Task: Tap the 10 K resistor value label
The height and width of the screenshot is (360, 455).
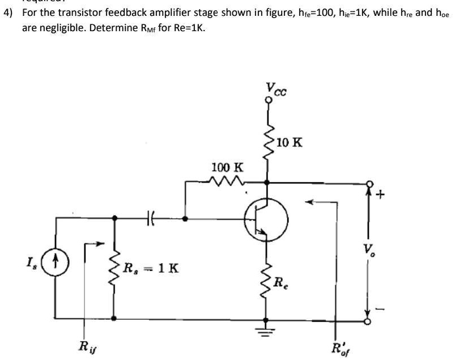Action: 290,142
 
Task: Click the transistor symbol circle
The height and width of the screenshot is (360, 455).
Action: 266,218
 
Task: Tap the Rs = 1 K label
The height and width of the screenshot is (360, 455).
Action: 151,267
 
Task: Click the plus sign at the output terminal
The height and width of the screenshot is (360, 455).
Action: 380,196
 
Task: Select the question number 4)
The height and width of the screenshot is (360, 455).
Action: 9,12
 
